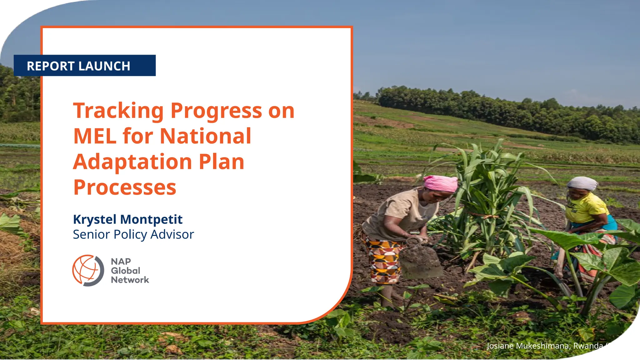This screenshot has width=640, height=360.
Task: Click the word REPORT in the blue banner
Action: [x=50, y=66]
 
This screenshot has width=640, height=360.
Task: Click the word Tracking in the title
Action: [x=118, y=111]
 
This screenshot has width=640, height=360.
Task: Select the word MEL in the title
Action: [x=94, y=136]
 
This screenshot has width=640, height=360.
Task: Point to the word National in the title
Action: [x=205, y=136]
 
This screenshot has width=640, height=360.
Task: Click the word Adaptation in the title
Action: [x=132, y=162]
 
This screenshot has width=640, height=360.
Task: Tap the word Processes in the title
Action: [x=125, y=187]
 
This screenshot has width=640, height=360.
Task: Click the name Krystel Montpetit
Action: [x=127, y=219]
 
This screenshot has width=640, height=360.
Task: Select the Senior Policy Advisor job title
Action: [x=133, y=234]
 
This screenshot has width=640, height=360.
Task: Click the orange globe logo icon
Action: [x=87, y=270]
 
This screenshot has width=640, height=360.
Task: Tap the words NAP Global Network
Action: [x=129, y=271]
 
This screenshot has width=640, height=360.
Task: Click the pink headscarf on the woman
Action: [x=441, y=183]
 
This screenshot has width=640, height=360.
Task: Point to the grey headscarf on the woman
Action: [x=582, y=183]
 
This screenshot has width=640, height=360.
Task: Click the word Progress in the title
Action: [x=216, y=111]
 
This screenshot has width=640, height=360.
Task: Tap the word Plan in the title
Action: [x=221, y=162]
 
